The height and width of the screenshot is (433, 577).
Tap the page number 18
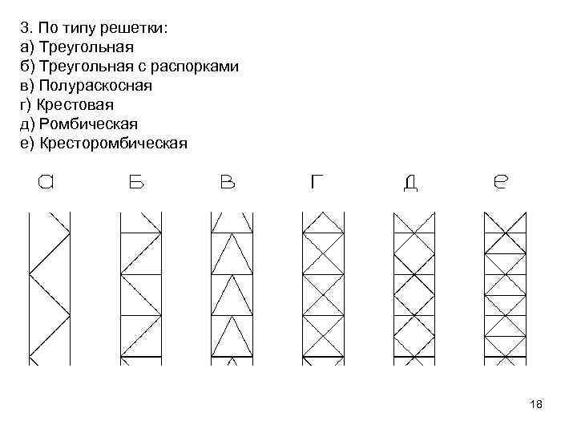click(x=536, y=405)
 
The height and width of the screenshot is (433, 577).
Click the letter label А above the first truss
click(x=47, y=183)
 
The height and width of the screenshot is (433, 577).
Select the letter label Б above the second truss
click(x=136, y=183)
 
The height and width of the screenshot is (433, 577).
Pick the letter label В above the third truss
click(x=228, y=183)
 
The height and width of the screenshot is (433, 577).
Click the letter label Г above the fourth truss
click(x=318, y=183)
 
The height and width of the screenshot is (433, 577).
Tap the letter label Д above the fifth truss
click(x=410, y=184)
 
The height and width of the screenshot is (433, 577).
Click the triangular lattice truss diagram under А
click(x=49, y=287)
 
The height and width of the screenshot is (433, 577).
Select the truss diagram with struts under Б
click(x=140, y=287)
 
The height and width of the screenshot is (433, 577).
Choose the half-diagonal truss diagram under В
click(x=232, y=287)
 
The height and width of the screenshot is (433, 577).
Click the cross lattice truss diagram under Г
click(x=322, y=287)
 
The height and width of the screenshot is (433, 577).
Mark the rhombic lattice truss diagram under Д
click(x=414, y=287)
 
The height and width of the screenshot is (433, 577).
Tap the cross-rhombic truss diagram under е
click(x=506, y=287)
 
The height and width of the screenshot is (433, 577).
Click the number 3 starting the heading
click(x=25, y=28)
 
